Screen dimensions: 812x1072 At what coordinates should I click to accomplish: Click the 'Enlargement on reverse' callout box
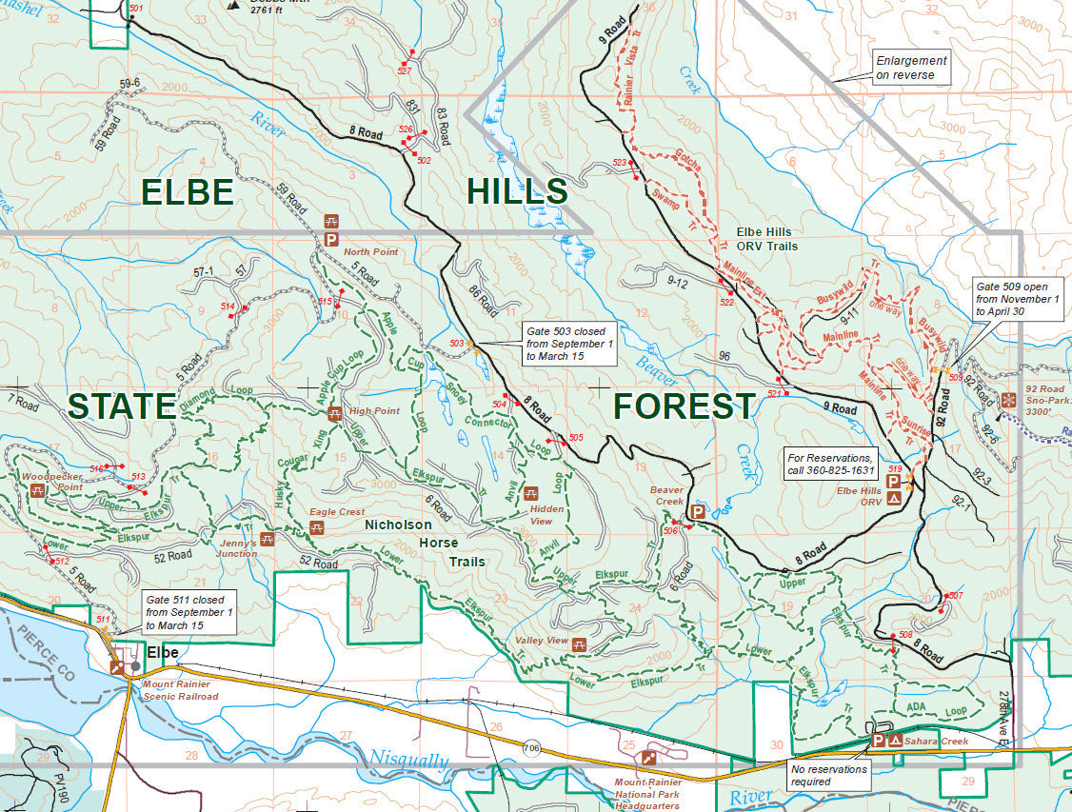(912, 68)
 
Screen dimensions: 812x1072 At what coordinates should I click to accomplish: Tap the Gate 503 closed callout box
(569, 344)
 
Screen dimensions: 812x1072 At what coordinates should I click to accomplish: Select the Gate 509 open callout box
(1017, 298)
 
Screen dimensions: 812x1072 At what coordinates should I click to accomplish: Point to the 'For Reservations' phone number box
(827, 464)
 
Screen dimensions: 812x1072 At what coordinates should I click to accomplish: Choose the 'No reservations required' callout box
(828, 775)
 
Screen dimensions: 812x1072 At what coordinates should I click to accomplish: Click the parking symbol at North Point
(331, 240)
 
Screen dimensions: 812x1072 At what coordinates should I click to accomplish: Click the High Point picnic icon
(335, 413)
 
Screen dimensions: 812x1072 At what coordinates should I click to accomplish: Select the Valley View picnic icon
(579, 644)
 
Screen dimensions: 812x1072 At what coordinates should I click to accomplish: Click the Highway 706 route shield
(531, 749)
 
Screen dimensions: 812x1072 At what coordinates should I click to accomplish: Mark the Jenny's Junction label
(236, 547)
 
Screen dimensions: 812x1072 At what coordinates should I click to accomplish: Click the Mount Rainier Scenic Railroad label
(180, 690)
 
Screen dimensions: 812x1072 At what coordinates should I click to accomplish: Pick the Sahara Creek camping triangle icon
(895, 739)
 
